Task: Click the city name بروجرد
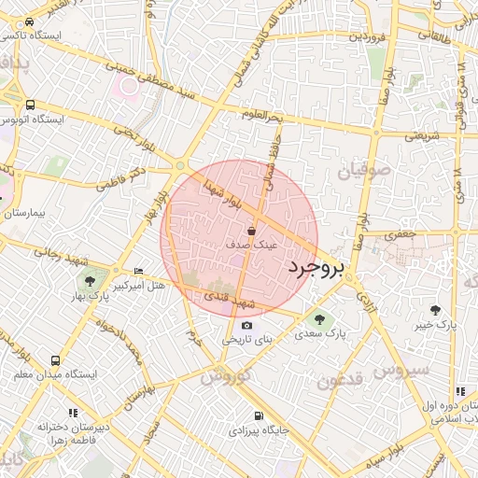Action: [316, 267]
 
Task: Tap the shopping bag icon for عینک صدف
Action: [252, 230]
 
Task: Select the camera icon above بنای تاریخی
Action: [246, 325]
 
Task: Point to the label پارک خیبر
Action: [435, 326]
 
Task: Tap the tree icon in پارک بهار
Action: [90, 279]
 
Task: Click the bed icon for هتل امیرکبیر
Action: [139, 271]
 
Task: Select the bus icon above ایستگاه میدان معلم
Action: [55, 359]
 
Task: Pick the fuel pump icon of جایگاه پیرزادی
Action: [257, 415]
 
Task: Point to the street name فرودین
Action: [367, 38]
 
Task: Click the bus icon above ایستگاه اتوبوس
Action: [31, 105]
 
